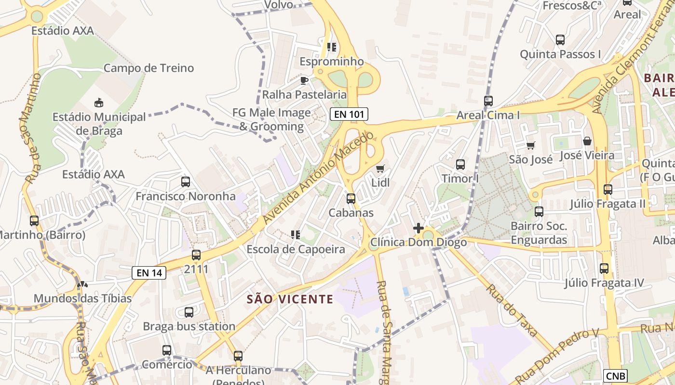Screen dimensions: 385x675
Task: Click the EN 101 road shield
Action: pos(349,114)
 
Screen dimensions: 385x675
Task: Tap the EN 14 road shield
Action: pos(149,273)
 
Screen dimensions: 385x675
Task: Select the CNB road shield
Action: pos(615,375)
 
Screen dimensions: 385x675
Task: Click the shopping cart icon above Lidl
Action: pos(380,169)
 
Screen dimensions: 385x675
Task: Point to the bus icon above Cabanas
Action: pos(351,198)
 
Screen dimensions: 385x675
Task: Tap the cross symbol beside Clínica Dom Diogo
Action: pos(418,228)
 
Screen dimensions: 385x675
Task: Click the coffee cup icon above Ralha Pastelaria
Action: pos(304,80)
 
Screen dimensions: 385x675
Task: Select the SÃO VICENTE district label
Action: pos(290,299)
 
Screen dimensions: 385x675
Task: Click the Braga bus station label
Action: pos(189,326)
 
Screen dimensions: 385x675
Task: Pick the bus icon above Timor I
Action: pos(460,165)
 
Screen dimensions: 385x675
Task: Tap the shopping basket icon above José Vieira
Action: pos(587,141)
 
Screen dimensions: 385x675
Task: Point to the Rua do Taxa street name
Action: pos(512,310)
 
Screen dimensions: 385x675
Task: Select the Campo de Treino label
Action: pos(148,68)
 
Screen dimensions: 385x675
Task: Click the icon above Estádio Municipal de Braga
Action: pos(99,103)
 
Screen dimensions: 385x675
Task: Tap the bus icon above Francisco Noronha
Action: pos(185,182)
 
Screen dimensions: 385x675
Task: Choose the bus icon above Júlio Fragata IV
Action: pos(604,269)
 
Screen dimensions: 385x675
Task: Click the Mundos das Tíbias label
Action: pos(82,298)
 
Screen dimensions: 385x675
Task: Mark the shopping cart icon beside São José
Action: pos(530,145)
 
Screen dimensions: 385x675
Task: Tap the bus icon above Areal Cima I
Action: pos(488,101)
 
